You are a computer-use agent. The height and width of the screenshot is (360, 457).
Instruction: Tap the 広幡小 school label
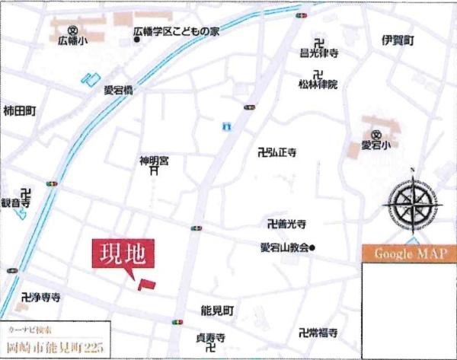[73, 43]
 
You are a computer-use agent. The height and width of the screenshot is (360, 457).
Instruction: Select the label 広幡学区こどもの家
[175, 32]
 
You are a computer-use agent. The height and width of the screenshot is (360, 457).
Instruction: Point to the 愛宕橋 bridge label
[119, 89]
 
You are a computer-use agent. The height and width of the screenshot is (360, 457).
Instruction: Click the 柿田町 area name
[20, 110]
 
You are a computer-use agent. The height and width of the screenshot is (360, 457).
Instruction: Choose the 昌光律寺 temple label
[318, 53]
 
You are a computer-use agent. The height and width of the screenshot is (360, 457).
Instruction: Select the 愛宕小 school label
[375, 145]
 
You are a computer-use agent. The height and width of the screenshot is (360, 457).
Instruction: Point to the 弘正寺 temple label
[280, 153]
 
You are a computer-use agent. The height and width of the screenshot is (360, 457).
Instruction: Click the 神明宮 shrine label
[154, 161]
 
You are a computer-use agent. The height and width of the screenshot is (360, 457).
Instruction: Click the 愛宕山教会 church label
[285, 247]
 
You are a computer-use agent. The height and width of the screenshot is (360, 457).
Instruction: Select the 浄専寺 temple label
[44, 295]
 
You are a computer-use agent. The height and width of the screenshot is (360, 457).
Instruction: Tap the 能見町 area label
[218, 312]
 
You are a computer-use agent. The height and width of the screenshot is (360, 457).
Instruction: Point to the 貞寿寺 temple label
[210, 337]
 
